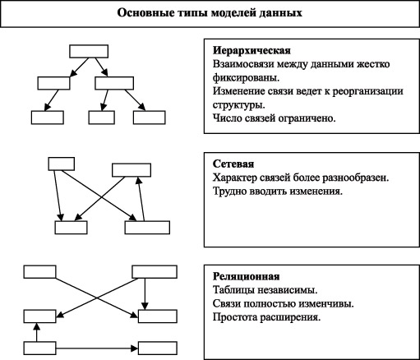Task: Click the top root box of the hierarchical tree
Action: point(87,48)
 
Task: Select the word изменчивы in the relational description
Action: point(325,303)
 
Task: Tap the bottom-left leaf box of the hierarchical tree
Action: point(48,117)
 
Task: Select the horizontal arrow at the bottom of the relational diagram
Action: point(97,347)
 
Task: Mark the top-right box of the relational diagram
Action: point(154,272)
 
